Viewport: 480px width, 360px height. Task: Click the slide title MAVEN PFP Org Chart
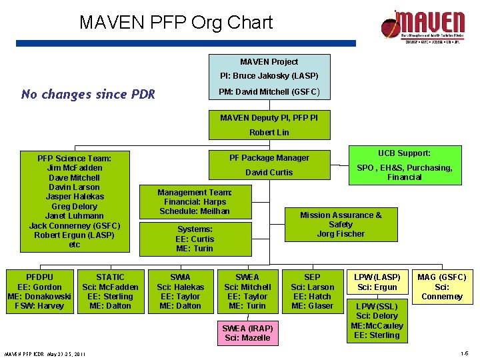pyautogui.click(x=176, y=23)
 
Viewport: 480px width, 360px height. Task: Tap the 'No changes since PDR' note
pyautogui.click(x=88, y=94)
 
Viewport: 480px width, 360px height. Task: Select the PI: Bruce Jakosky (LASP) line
pyautogui.click(x=269, y=76)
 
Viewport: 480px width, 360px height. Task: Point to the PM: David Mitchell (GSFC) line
pyautogui.click(x=269, y=91)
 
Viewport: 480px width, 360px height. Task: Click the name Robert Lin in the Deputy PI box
pyautogui.click(x=269, y=132)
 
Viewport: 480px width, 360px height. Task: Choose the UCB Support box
pyautogui.click(x=404, y=163)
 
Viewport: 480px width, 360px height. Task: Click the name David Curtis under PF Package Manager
pyautogui.click(x=269, y=172)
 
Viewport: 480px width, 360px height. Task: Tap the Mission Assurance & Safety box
pyautogui.click(x=341, y=224)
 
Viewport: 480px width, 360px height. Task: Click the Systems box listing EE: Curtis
pyautogui.click(x=194, y=239)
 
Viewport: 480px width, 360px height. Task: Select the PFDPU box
pyautogui.click(x=40, y=291)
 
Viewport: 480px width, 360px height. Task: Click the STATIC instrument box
pyautogui.click(x=110, y=291)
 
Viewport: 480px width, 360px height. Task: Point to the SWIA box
pyautogui.click(x=180, y=291)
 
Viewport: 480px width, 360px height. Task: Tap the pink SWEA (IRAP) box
pyautogui.click(x=247, y=333)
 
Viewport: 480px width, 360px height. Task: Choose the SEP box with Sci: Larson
pyautogui.click(x=312, y=291)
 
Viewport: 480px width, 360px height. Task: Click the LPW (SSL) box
pyautogui.click(x=377, y=321)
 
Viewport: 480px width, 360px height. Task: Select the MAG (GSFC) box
pyautogui.click(x=441, y=287)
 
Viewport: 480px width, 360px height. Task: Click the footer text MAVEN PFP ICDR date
pyautogui.click(x=44, y=353)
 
